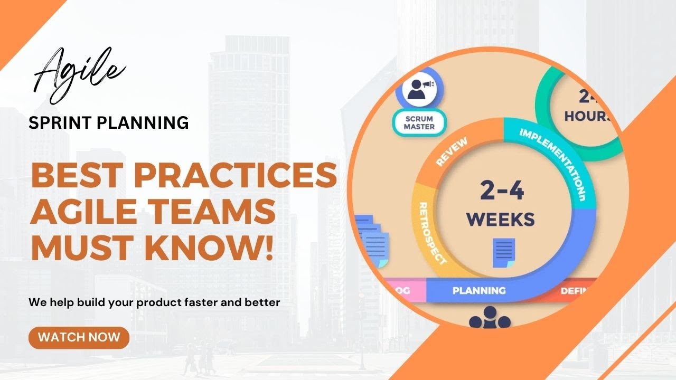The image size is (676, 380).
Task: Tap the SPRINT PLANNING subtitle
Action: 109,122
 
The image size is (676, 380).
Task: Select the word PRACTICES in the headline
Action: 238,176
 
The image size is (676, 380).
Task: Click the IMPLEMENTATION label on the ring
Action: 555,158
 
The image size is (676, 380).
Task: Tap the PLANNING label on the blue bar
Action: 479,290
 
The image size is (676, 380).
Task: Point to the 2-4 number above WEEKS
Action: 502,190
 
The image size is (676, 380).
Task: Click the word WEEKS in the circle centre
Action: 501,218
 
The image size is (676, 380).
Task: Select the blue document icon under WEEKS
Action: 503,252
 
